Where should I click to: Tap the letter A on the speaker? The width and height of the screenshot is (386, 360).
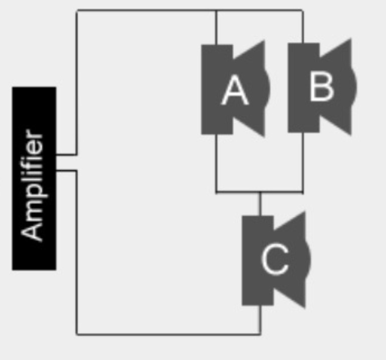click(x=235, y=90)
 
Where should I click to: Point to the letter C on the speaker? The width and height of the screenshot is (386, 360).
click(x=275, y=259)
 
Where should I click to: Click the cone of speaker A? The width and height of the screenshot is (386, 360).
click(x=252, y=89)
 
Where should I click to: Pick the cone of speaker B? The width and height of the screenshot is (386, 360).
click(x=339, y=87)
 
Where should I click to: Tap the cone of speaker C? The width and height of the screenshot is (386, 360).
click(x=293, y=260)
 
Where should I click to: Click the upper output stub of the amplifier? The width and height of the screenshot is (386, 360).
click(x=67, y=154)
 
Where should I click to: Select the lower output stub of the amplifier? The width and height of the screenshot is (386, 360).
click(x=67, y=170)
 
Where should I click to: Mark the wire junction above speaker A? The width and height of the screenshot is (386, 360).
click(x=216, y=11)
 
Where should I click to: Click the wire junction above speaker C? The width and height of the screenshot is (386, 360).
click(x=260, y=192)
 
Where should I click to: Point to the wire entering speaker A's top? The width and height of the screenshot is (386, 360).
click(x=216, y=28)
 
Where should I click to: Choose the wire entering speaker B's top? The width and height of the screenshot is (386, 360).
click(x=303, y=27)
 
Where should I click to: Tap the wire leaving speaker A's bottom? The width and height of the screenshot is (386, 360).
click(x=216, y=163)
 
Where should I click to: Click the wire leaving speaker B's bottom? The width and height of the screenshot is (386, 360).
click(x=303, y=162)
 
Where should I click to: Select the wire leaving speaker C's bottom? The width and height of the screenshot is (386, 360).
click(x=260, y=320)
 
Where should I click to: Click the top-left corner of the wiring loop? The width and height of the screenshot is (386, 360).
click(x=77, y=11)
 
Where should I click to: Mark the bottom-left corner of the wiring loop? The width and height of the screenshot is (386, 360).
click(x=77, y=334)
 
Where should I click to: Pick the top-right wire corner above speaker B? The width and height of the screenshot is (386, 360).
click(x=303, y=11)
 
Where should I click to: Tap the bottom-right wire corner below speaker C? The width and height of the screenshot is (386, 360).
click(x=260, y=334)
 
